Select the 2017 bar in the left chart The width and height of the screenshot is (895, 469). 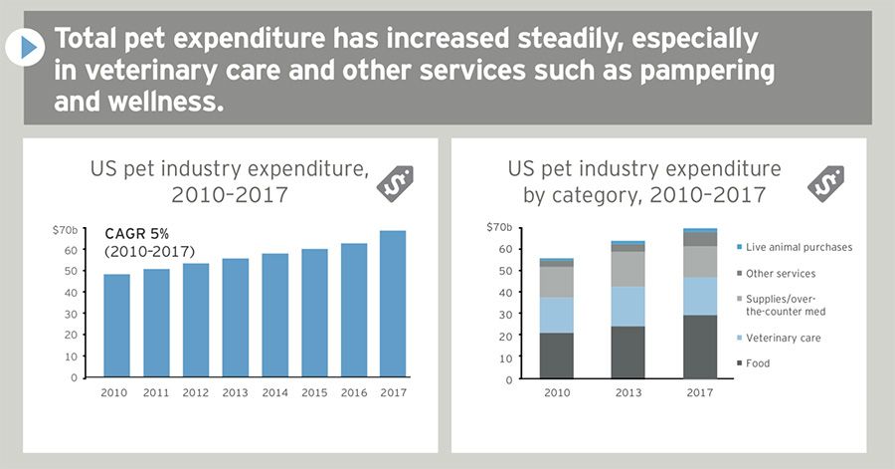[x=392, y=304]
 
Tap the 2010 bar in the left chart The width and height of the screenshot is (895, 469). [x=116, y=326]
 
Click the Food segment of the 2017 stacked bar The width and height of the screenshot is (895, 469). [x=700, y=347]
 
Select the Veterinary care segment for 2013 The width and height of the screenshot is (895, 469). [x=627, y=307]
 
